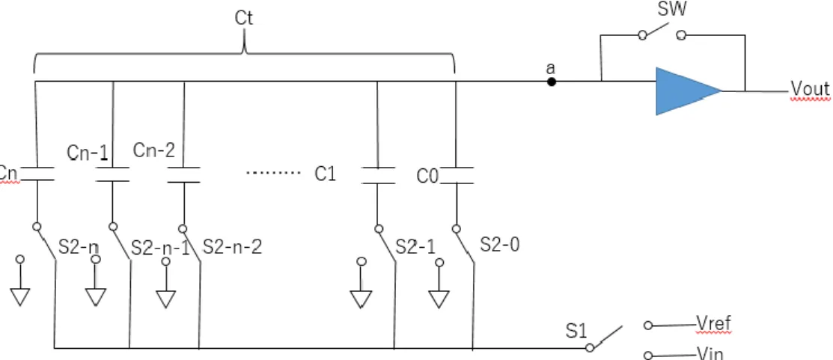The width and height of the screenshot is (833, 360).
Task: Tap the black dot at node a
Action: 552,82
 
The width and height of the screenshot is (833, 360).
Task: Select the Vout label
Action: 810,89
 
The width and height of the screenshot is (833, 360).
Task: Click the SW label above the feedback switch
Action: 672,9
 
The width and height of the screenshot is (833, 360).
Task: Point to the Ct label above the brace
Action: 244,17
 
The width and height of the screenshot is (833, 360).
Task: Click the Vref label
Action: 713,323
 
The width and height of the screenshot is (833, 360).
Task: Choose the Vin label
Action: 710,353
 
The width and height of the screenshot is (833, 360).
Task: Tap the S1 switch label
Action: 576,332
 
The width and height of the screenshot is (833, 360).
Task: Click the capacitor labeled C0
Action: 457,176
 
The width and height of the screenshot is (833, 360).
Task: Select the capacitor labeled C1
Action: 378,176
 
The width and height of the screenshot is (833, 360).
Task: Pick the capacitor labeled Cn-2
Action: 184,174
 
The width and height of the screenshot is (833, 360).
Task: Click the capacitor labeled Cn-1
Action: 112,174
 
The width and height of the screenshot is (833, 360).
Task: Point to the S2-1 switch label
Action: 415,246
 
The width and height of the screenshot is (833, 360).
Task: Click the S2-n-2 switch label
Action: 233,246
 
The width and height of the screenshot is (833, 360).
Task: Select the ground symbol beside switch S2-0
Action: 439,299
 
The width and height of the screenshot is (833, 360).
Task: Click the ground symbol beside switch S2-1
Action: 361,299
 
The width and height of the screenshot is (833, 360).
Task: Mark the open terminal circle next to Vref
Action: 647,326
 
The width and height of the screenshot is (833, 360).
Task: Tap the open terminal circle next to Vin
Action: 647,356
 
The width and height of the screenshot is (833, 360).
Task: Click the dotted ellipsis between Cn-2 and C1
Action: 274,173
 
